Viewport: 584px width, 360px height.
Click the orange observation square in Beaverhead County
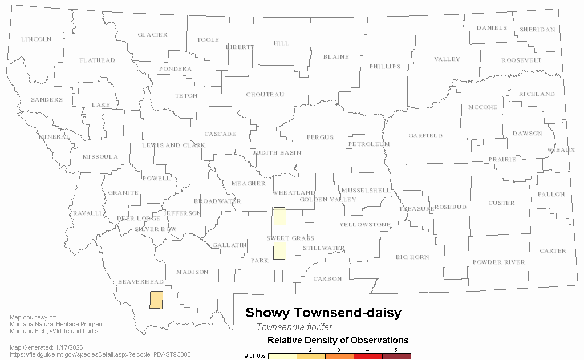[156, 300]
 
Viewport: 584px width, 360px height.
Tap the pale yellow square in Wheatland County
[279, 216]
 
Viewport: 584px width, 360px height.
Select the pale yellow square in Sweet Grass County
[279, 250]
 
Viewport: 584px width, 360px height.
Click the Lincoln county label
[36, 39]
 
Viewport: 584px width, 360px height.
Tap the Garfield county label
[425, 136]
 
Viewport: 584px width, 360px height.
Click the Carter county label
[553, 251]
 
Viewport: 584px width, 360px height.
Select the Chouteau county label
[265, 95]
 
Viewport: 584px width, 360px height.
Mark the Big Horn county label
[412, 257]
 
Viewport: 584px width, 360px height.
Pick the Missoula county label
[100, 157]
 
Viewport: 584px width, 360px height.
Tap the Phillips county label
[384, 67]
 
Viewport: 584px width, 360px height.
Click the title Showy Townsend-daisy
[323, 313]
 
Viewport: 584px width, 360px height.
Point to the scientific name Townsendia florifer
[294, 327]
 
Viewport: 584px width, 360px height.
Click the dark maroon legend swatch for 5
[396, 356]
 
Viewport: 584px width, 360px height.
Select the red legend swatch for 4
[368, 356]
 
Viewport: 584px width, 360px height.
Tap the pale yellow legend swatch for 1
[282, 356]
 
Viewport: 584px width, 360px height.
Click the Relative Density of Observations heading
[338, 341]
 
